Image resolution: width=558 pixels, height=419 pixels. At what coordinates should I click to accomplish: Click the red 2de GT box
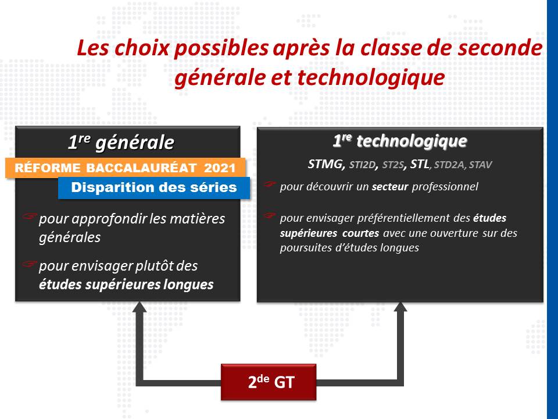269,382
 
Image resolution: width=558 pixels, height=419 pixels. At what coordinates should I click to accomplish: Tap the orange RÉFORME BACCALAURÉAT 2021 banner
126,168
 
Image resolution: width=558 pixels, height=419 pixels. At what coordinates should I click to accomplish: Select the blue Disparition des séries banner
154,187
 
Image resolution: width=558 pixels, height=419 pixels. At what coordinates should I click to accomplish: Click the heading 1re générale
121,142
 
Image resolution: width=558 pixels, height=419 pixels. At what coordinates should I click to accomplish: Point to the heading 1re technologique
400,141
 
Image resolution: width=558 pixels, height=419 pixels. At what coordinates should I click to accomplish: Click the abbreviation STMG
326,164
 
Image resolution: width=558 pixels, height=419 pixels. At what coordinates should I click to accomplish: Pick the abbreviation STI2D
363,165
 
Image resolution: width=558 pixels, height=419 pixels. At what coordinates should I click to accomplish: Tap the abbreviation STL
420,164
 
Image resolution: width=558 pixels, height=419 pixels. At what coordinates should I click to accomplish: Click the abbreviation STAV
481,165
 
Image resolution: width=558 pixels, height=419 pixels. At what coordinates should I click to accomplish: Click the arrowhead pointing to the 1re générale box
139,307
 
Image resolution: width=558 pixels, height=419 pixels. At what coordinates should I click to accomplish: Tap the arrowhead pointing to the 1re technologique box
400,307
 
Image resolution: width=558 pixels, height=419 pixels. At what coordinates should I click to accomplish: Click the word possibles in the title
221,48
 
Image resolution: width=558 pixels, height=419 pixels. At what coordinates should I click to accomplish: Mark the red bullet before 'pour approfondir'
30,216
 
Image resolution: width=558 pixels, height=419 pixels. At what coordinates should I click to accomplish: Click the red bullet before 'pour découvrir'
270,184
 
